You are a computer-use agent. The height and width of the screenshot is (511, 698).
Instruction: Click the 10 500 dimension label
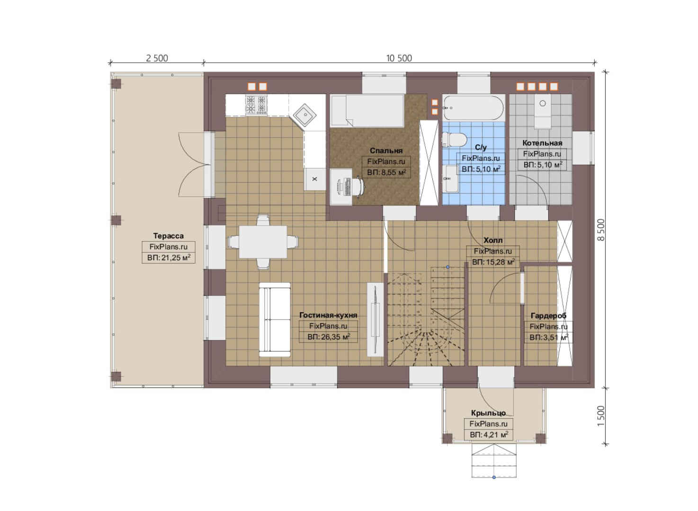pos(399,58)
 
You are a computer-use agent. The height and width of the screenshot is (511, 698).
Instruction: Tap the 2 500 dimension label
pos(157,58)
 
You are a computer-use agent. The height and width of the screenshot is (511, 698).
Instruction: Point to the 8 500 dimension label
pos(601,230)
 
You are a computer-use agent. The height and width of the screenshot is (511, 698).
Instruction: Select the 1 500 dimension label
pos(601,417)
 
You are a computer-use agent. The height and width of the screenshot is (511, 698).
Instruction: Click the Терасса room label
pos(168,236)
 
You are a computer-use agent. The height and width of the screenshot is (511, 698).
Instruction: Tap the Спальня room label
pos(386,150)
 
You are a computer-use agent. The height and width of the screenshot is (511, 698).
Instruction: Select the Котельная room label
pos(542,143)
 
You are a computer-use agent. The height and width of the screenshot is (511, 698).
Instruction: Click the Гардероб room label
pos(548,316)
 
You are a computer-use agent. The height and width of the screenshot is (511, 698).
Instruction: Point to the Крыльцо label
pos(488,413)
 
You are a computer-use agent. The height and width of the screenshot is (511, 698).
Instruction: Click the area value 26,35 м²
pos(329,336)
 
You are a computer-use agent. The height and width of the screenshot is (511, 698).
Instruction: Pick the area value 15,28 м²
pos(493,262)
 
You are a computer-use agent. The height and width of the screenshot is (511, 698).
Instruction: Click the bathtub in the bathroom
pos(474,108)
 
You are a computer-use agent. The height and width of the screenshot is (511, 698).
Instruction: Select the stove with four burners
pos(256,104)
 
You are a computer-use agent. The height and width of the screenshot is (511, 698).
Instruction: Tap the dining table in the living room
pos(263,242)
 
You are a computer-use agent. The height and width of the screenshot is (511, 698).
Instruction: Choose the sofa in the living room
pos(275,320)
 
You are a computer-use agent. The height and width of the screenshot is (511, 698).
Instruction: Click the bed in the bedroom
pos(367,111)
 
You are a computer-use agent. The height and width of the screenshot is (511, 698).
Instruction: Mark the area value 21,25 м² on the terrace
pos(169,258)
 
